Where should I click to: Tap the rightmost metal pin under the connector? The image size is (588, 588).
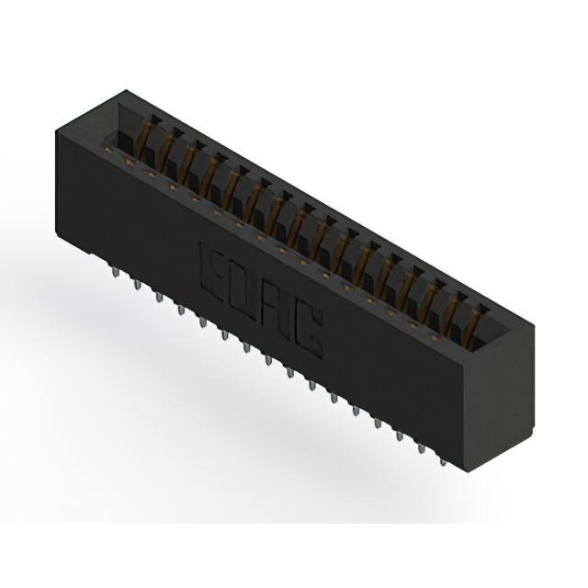click(444, 457)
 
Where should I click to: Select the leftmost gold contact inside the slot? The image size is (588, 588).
click(145, 138)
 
